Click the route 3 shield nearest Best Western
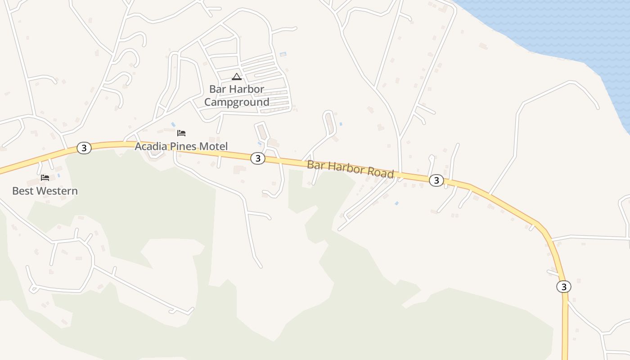point(84,148)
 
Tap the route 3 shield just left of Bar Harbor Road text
point(257,158)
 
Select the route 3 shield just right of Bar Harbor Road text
point(436,180)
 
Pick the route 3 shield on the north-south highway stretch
point(563,287)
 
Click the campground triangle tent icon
point(237,76)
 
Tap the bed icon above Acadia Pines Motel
point(181,133)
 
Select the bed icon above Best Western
point(45,178)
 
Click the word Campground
point(237,102)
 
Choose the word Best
point(22,191)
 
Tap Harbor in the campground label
point(246,89)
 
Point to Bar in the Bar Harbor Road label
point(315,165)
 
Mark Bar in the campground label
point(217,89)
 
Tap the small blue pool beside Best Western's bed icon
point(58,175)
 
